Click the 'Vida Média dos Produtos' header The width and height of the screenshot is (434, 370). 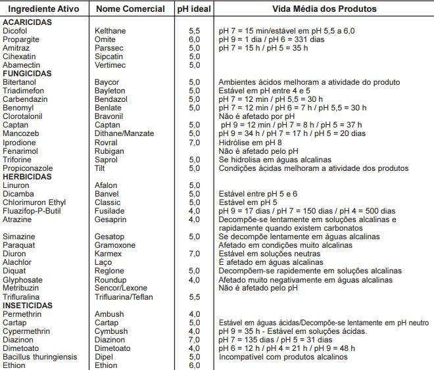325,9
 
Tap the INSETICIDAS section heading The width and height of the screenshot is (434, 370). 28,306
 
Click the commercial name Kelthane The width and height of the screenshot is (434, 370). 110,31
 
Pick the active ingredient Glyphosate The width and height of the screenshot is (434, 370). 22,279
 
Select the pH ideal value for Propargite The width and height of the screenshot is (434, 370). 195,39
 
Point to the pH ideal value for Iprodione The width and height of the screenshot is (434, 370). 195,143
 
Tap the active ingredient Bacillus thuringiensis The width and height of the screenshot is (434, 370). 39,357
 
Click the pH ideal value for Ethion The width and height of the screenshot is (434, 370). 195,365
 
